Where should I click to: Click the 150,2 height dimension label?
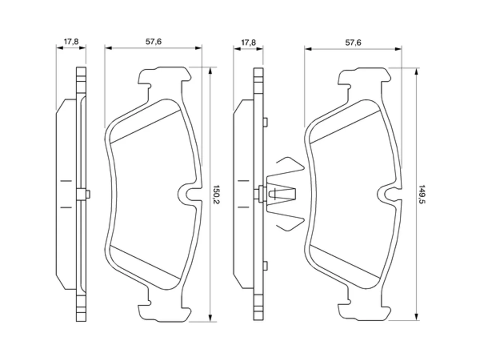coord(216,194)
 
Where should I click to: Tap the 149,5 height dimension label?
coord(421,194)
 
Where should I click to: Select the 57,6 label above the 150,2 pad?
coord(153,42)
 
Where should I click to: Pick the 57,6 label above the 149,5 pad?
coord(353,42)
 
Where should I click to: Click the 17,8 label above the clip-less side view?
coord(71,42)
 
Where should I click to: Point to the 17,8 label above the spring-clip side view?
coord(248,42)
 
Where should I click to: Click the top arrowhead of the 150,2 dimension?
coord(210,71)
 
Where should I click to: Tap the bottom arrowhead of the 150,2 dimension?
coord(210,318)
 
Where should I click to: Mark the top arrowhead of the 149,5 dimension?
coord(416,72)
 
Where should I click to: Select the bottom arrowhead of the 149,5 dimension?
coord(416,317)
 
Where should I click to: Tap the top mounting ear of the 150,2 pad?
coord(165,75)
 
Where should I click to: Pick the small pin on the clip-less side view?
coord(88,194)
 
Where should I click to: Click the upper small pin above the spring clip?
coord(265,122)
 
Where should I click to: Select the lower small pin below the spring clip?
coord(265,266)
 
